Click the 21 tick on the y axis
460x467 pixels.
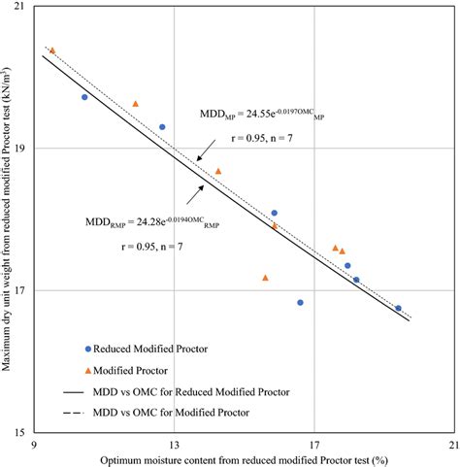[22, 8]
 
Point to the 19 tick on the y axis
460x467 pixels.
[22, 149]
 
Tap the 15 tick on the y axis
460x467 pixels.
[22, 431]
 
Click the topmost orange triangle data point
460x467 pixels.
[52, 50]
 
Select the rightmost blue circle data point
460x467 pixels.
[398, 308]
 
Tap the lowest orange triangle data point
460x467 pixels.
[265, 278]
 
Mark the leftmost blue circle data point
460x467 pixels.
[84, 97]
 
